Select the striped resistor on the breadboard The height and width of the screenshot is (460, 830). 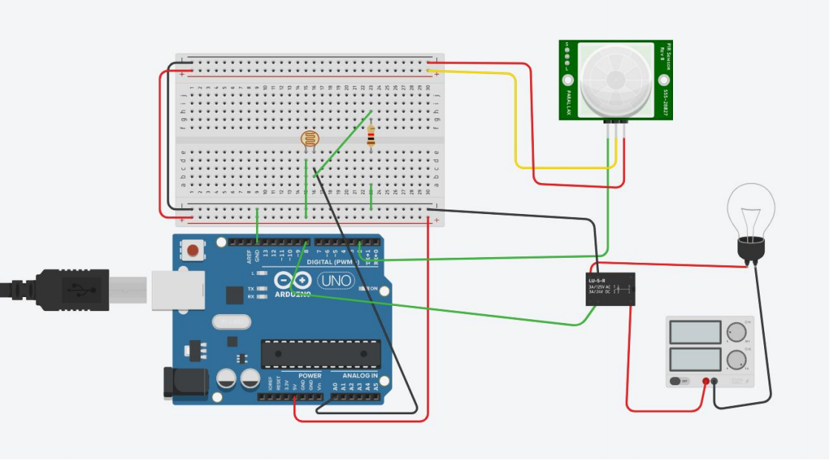pos(371,136)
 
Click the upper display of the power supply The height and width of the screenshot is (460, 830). pos(695,332)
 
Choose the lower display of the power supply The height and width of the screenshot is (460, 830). pos(695,360)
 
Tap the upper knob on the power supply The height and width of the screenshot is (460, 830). pos(735,332)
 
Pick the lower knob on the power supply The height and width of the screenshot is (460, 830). pos(735,360)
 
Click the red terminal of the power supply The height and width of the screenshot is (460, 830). pos(706,382)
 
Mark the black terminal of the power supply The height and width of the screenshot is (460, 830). pos(715,382)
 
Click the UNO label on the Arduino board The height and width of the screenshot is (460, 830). pos(335,281)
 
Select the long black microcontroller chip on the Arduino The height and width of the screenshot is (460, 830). pos(321,354)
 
